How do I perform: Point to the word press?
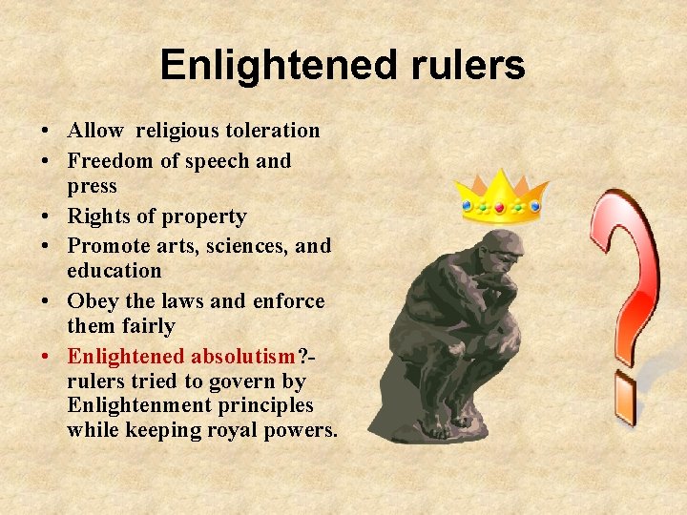92,185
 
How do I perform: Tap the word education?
114,271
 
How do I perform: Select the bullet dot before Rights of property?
47,216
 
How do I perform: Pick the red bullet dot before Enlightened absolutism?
47,357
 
